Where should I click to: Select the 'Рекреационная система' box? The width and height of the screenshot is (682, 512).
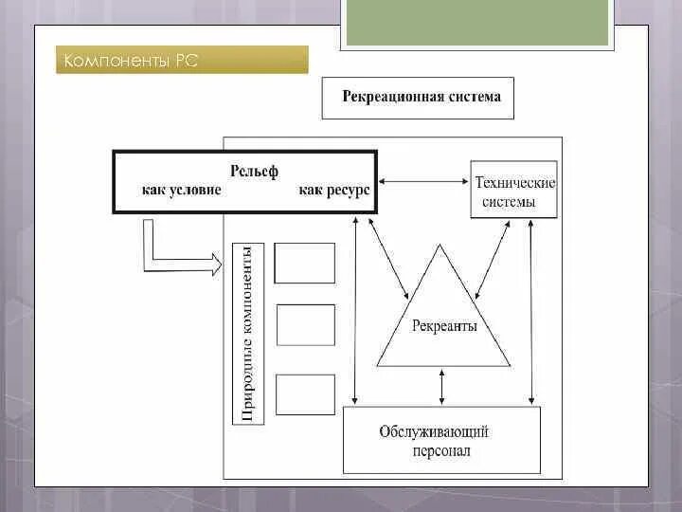pyautogui.click(x=418, y=98)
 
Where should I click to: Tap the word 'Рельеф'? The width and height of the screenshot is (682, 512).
pyautogui.click(x=254, y=173)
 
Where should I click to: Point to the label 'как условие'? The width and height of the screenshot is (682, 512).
pyautogui.click(x=182, y=190)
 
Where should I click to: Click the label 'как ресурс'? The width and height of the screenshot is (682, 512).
pyautogui.click(x=333, y=190)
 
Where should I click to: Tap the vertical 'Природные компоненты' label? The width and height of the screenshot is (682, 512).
pyautogui.click(x=246, y=332)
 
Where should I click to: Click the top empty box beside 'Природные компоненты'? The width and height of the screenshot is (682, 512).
pyautogui.click(x=305, y=263)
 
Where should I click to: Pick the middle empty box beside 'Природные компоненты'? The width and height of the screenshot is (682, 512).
pyautogui.click(x=305, y=324)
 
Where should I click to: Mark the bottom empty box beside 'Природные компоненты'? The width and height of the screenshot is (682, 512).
pyautogui.click(x=305, y=394)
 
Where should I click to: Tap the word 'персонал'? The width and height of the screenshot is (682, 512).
pyautogui.click(x=440, y=451)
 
